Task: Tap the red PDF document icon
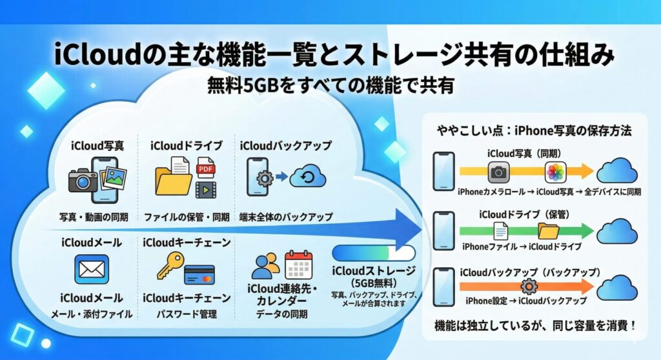205,167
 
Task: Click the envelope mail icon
92,269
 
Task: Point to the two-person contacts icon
265,266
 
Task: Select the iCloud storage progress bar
374,252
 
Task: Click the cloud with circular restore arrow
307,176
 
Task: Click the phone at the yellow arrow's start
443,171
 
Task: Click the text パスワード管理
186,314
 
